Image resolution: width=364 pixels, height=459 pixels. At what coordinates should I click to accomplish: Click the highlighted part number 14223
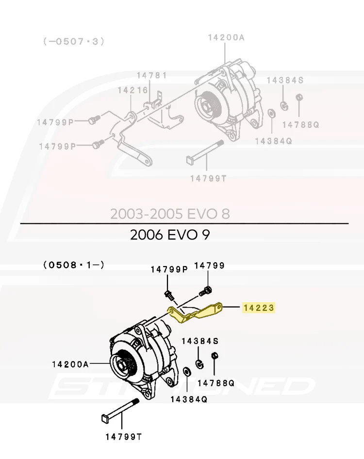point(259,307)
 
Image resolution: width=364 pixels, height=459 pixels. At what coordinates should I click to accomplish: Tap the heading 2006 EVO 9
point(170,235)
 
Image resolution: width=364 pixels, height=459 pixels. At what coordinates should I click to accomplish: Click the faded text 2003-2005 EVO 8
point(170,214)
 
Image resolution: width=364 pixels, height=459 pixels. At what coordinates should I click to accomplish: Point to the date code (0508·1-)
point(74,265)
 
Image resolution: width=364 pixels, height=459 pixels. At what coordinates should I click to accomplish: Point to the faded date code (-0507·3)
point(74,42)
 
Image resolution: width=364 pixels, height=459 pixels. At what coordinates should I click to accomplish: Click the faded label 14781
point(152,75)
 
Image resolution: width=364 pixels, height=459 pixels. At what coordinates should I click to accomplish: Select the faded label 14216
point(133,90)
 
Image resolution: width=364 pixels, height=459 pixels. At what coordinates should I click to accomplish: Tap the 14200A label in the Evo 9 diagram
point(70,364)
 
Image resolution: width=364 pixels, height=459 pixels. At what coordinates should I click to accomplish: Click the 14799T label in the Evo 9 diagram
point(123,437)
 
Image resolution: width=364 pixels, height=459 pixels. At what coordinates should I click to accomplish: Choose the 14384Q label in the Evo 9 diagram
point(189,399)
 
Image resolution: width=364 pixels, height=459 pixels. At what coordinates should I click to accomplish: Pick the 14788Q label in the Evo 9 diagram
point(216,383)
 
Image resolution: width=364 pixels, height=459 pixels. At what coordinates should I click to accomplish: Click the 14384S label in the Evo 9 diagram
point(200,341)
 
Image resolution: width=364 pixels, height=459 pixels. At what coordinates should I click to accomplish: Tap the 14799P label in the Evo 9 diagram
point(169,270)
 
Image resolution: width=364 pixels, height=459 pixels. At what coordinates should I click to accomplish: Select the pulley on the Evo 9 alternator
point(122,365)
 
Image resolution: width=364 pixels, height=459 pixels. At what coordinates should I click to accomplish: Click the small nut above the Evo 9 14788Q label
point(215,356)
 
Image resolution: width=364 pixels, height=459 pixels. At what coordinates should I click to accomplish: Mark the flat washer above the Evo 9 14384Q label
point(186,372)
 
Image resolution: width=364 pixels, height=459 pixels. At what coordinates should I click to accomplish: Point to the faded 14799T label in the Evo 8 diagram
point(208,178)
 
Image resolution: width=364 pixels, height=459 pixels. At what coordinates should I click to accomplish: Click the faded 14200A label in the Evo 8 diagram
point(226,37)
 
